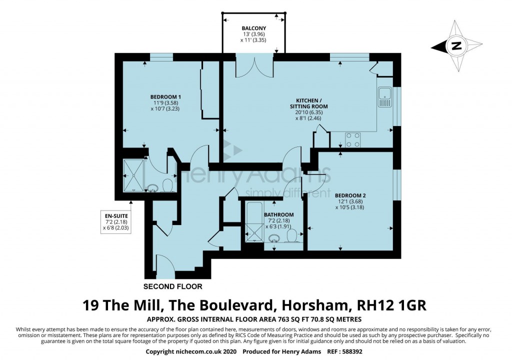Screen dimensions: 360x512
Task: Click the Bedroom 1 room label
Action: click(165, 97)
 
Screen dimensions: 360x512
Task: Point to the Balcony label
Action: click(254, 28)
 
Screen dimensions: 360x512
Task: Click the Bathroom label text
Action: click(278, 215)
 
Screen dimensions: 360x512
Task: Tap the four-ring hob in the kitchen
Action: click(353, 139)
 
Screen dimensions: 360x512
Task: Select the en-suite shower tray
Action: click(133, 175)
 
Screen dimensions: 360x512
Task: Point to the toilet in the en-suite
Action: click(168, 186)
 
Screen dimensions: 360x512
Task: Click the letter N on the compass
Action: click(455, 46)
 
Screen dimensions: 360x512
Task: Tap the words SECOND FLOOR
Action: click(173, 286)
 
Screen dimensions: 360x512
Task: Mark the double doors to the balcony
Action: click(254, 67)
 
